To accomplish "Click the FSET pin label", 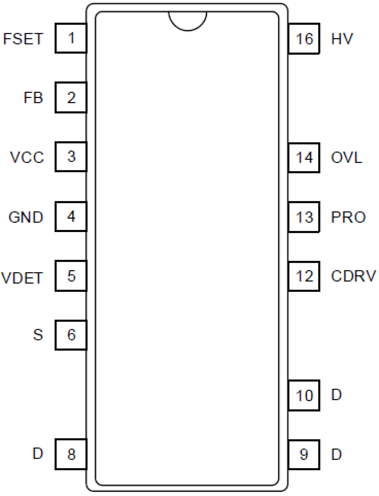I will (23, 39).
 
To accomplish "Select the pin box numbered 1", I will (71, 38).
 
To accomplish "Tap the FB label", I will (33, 98).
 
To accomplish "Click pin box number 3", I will (71, 157).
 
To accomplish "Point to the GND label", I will (26, 217).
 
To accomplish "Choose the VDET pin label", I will (22, 278).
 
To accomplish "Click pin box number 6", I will (71, 335).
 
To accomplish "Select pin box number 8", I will (71, 454).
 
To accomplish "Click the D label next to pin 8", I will (38, 453).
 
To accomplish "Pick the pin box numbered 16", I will (304, 39).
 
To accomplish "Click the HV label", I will (342, 39).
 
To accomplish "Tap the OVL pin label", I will (346, 157).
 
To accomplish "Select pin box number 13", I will (304, 217).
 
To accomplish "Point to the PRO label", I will (348, 217).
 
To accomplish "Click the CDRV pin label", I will (353, 276).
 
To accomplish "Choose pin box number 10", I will (304, 395).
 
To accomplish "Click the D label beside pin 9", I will (336, 454).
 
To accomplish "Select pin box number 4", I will (71, 217).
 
